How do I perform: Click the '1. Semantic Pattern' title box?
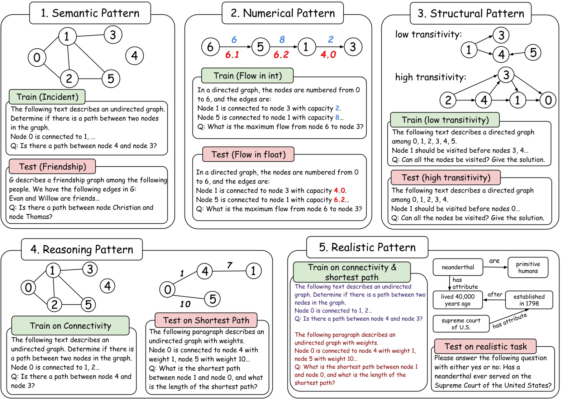tap(90, 13)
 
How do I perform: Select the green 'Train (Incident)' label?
tap(47, 97)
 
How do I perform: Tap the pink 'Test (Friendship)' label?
tap(52, 167)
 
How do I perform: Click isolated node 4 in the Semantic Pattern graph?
tap(134, 56)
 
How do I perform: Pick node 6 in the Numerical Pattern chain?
tap(210, 47)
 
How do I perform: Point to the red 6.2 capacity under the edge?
tap(281, 55)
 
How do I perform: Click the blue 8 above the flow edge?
tap(282, 39)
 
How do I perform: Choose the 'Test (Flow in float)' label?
tap(248, 155)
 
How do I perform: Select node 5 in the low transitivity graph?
tap(533, 52)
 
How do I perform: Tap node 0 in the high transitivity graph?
tap(548, 100)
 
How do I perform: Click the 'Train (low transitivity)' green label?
tap(445, 120)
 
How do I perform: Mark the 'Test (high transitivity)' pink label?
tap(446, 177)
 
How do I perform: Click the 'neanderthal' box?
tap(458, 267)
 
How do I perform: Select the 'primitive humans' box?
tap(528, 267)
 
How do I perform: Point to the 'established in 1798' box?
tap(529, 300)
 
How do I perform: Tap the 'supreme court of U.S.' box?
tap(461, 324)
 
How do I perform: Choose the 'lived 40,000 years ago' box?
tap(458, 300)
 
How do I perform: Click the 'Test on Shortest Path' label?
tap(206, 320)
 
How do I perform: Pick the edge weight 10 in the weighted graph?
tap(185, 304)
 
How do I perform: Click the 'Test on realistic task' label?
tap(486, 347)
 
